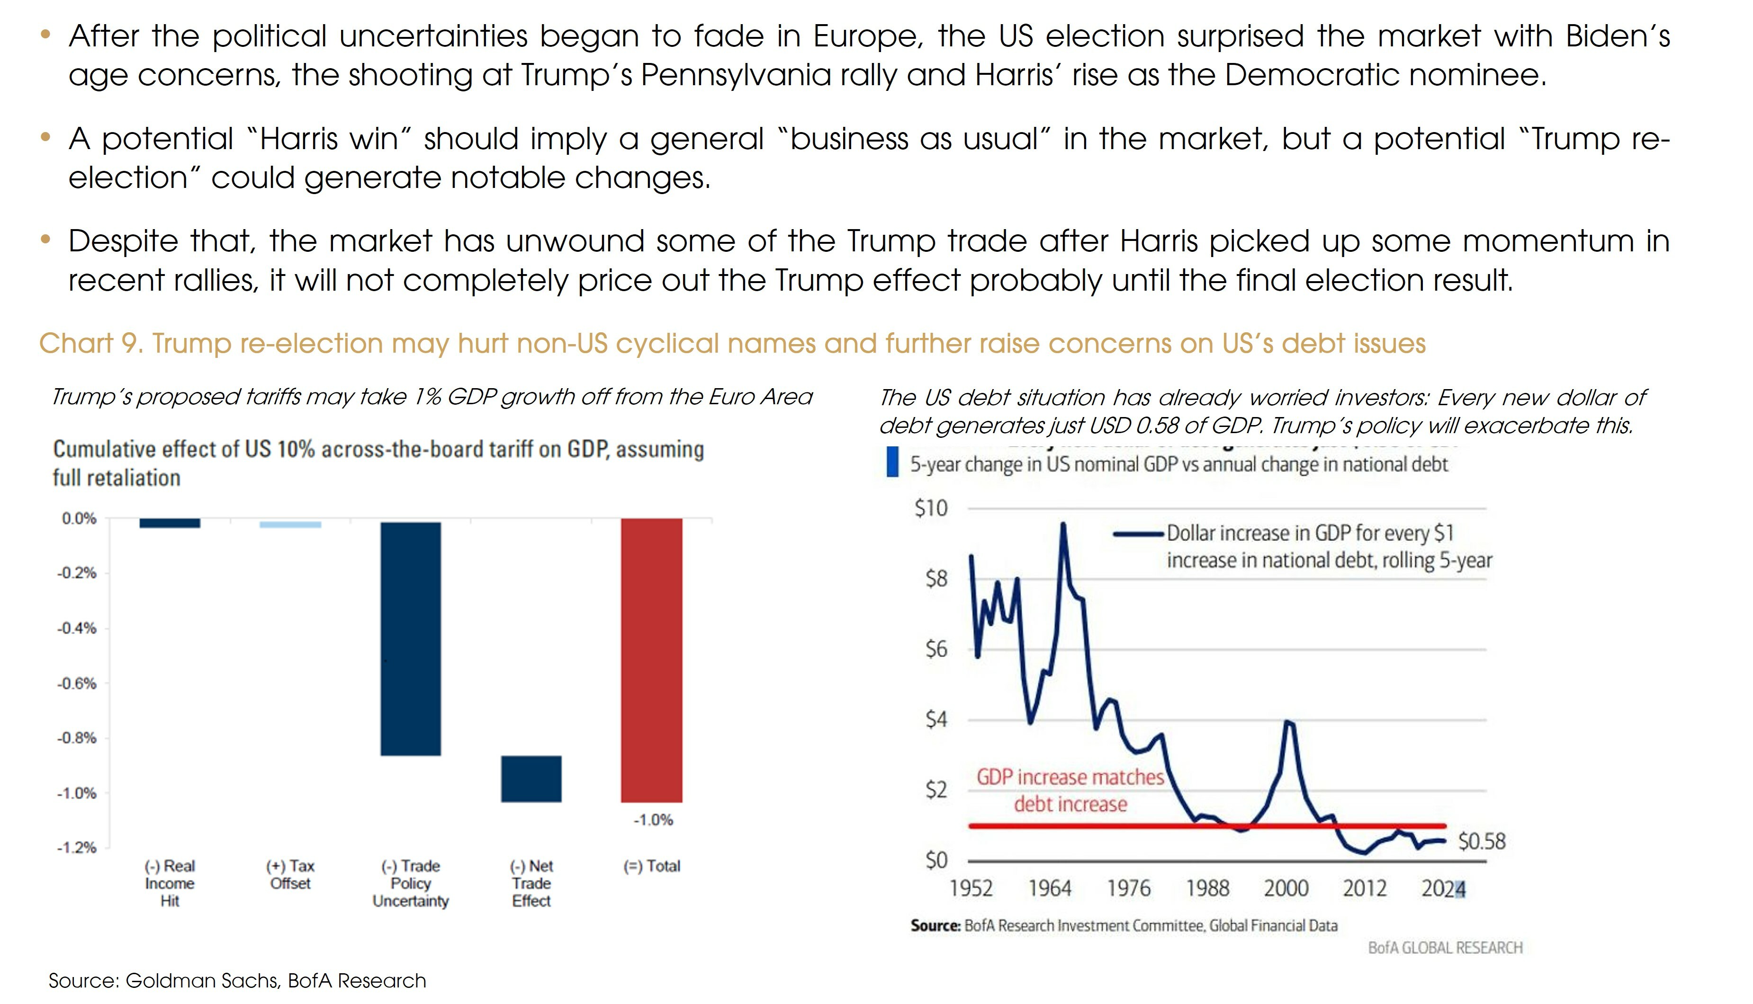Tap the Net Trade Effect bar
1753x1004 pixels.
531,779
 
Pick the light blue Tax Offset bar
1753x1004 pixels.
290,525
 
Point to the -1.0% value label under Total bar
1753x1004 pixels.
653,820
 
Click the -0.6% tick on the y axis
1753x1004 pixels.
77,684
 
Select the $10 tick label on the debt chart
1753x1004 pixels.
931,508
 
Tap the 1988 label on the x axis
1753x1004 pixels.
1207,888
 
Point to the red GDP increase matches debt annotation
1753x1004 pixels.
1070,790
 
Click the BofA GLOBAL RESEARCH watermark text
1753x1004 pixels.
1445,948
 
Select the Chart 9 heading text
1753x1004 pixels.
732,343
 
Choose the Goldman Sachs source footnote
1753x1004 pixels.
237,980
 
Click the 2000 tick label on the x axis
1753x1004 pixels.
1286,888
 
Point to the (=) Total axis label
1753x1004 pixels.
651,866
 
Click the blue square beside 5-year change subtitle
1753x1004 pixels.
892,462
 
